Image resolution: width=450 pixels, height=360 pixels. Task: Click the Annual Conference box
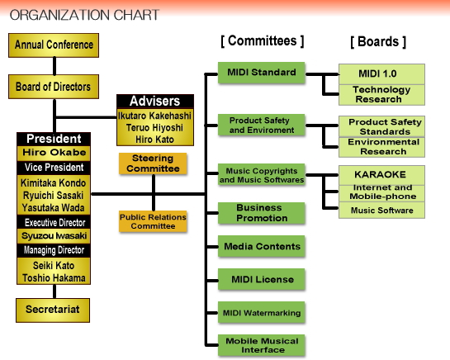(x=54, y=45)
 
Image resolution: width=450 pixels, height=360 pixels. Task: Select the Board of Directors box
(x=54, y=87)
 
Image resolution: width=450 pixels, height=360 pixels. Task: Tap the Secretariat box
(x=53, y=310)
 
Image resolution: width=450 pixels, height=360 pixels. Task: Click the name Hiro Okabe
(x=54, y=153)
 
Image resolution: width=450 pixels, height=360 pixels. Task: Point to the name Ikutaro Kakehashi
(x=154, y=116)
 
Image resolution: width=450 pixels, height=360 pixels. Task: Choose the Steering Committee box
(x=153, y=163)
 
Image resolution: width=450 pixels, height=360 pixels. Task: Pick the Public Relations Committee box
(x=153, y=221)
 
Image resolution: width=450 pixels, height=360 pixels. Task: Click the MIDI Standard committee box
(x=261, y=73)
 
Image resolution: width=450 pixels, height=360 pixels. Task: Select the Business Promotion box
(x=261, y=213)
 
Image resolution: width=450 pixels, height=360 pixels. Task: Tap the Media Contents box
(x=261, y=246)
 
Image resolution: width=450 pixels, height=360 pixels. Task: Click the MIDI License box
(x=261, y=279)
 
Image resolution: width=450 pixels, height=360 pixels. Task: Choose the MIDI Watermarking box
(x=261, y=312)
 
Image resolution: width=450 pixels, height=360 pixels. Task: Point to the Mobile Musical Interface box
(x=261, y=345)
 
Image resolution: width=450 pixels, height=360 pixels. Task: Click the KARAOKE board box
(x=381, y=175)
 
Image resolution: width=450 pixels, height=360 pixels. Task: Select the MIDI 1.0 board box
(x=381, y=74)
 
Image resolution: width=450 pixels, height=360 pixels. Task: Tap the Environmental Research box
(x=381, y=147)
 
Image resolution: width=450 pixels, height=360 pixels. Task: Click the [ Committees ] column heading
(x=262, y=41)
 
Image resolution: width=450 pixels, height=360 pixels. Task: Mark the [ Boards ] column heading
(x=378, y=42)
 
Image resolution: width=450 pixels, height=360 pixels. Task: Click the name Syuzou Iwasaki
(x=54, y=236)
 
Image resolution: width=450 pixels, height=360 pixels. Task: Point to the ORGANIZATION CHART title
(x=84, y=15)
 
